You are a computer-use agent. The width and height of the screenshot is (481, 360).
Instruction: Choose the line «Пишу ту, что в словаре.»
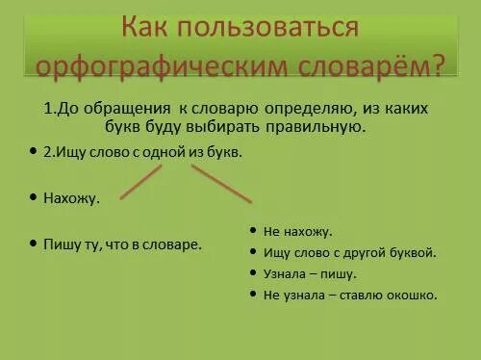tap(122, 244)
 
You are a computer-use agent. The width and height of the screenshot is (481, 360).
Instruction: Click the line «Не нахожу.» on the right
tap(297, 232)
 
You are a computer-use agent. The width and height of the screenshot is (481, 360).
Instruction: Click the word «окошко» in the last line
tap(411, 295)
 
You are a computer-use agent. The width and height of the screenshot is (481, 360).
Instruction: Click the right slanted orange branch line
tap(221, 183)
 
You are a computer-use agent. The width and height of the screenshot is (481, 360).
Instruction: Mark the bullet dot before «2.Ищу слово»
tap(33, 152)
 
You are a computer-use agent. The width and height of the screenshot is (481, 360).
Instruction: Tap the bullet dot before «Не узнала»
tap(252, 295)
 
